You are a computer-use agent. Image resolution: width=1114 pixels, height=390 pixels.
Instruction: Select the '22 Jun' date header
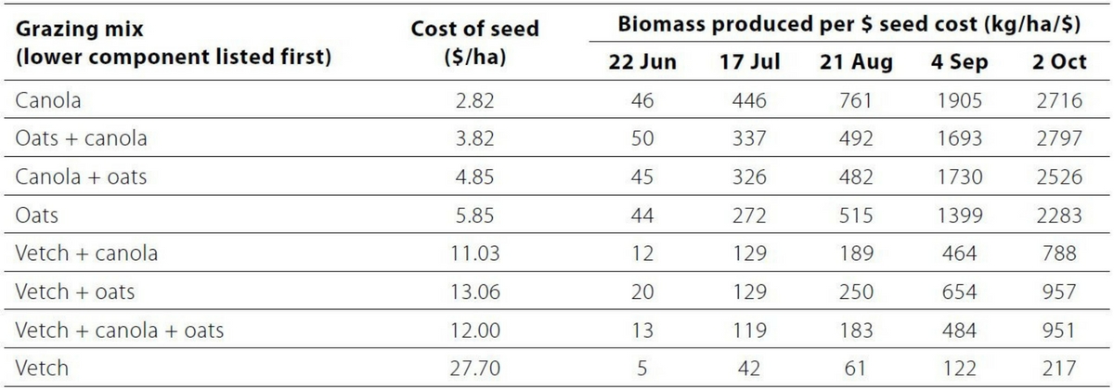tap(642, 63)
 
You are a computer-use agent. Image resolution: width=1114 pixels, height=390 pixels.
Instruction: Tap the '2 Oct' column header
tap(1059, 63)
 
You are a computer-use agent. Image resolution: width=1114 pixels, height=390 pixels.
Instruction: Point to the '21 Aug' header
tap(855, 63)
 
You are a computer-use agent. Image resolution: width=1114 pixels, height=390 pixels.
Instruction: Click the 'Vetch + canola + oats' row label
tap(120, 330)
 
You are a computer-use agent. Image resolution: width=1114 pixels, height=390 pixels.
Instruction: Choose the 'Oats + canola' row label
tap(81, 138)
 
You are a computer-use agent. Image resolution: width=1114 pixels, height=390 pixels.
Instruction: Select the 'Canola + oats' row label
tap(81, 176)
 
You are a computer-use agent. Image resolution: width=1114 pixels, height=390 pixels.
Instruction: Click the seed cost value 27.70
tap(474, 368)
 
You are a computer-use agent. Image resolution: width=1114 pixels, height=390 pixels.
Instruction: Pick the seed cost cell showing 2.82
tap(474, 100)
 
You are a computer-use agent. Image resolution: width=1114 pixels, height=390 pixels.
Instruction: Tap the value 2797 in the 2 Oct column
tap(1059, 138)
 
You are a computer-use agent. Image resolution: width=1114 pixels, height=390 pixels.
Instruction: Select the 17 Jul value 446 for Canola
tap(748, 100)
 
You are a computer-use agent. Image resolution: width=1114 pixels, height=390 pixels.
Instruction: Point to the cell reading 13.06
tap(474, 292)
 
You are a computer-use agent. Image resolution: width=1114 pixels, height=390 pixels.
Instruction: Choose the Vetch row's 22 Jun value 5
tap(642, 368)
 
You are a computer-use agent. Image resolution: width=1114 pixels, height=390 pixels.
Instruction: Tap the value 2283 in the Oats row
tap(1059, 215)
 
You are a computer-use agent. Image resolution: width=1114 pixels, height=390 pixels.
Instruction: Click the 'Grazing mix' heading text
tap(73, 30)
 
